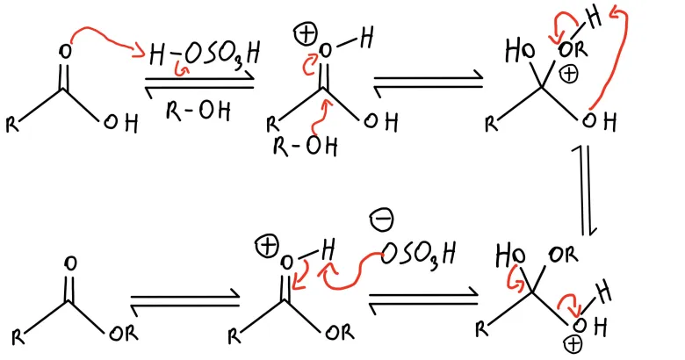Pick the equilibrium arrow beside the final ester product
(184, 302)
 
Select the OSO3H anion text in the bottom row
(420, 255)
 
